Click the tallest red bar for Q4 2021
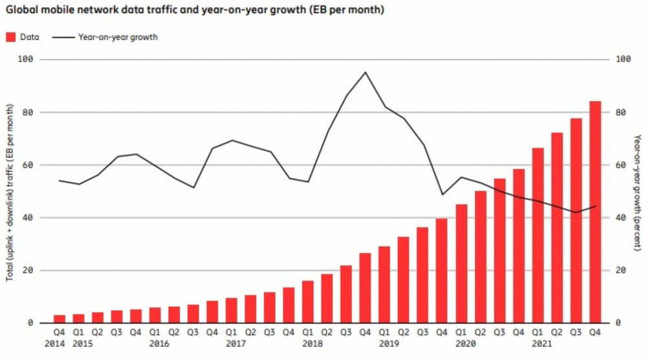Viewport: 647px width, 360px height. (x=595, y=212)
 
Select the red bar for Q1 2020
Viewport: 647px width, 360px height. (x=461, y=264)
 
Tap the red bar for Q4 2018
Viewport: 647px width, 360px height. (x=366, y=288)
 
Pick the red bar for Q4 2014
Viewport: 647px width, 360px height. (x=60, y=319)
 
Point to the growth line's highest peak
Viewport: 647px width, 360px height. (x=366, y=72)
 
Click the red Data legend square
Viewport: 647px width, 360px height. (x=11, y=37)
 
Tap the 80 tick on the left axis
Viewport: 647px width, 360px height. (x=28, y=112)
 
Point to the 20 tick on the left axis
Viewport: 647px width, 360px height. (x=28, y=270)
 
